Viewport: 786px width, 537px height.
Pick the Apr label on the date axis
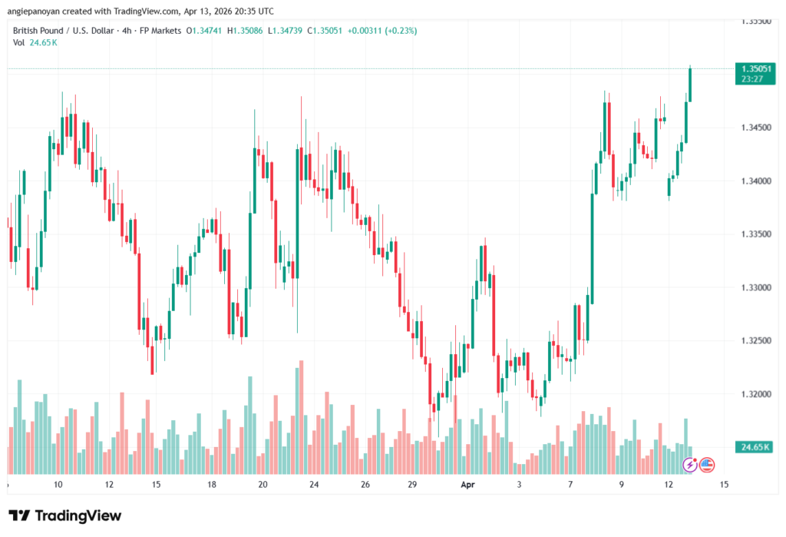(468, 485)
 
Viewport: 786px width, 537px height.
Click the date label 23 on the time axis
(314, 485)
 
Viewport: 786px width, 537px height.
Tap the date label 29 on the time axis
(411, 485)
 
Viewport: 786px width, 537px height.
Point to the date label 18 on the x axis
(211, 485)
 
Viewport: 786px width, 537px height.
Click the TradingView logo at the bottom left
(64, 515)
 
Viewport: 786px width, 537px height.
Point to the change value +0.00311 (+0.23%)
(381, 30)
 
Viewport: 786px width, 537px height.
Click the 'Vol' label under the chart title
(19, 42)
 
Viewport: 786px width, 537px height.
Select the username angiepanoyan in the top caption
(37, 11)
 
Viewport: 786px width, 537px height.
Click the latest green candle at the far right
(690, 85)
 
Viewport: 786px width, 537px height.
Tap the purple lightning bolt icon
(690, 464)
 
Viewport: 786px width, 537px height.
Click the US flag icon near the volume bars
(707, 464)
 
